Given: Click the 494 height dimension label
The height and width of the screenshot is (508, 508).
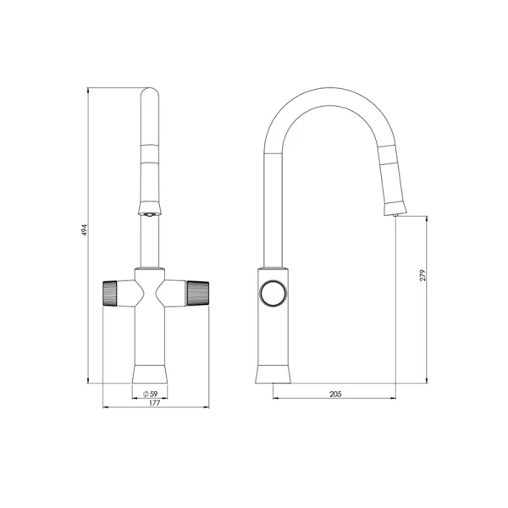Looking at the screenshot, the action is [x=84, y=229].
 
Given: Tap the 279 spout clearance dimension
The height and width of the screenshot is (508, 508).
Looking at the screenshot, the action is [x=422, y=275].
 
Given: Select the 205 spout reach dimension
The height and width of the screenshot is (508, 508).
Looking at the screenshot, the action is [x=335, y=394].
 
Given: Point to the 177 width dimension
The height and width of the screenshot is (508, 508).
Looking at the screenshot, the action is [x=155, y=403].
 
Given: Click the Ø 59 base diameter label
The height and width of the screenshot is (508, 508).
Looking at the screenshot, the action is [x=151, y=394].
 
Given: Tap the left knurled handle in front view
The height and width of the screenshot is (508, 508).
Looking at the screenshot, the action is [x=110, y=294].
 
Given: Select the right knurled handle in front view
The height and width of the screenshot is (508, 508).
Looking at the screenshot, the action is [x=197, y=294].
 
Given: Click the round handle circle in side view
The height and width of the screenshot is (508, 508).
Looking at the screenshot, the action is [x=273, y=293].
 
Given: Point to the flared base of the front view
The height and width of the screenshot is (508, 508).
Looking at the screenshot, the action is [x=150, y=374].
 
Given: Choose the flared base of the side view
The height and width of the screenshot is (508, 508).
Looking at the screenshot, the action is [x=273, y=374].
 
